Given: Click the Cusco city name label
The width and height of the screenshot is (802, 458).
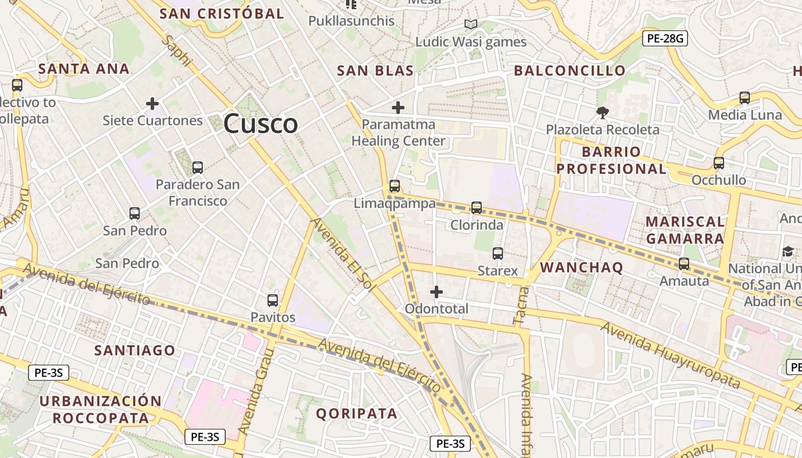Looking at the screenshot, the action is pyautogui.click(x=261, y=124).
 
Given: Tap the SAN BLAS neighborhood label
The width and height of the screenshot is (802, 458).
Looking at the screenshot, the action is pyautogui.click(x=375, y=71).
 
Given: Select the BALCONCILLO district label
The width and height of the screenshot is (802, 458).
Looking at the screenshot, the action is pyautogui.click(x=569, y=71).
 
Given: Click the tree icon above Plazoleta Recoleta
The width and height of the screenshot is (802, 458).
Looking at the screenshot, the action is pyautogui.click(x=602, y=113).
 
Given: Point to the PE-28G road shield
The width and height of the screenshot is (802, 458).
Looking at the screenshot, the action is pyautogui.click(x=665, y=39).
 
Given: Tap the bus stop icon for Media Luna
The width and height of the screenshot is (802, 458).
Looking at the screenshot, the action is pyautogui.click(x=745, y=98).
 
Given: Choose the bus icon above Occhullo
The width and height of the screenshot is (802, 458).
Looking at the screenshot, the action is pyautogui.click(x=719, y=163).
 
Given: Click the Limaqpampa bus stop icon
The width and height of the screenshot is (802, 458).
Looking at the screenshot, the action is pyautogui.click(x=394, y=186).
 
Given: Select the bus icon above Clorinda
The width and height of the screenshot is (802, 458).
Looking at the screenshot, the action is pyautogui.click(x=477, y=208).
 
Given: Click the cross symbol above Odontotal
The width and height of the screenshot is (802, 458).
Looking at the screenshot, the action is pyautogui.click(x=437, y=292).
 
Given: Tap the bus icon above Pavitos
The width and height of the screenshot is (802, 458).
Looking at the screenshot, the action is pyautogui.click(x=273, y=301).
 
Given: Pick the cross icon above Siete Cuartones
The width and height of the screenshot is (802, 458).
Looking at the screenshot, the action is pyautogui.click(x=152, y=104).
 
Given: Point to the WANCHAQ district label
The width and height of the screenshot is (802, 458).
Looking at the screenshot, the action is pyautogui.click(x=581, y=267).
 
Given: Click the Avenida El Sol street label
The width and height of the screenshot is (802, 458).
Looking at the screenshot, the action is pyautogui.click(x=343, y=255).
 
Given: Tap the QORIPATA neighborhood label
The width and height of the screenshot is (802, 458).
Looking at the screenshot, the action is pyautogui.click(x=356, y=413).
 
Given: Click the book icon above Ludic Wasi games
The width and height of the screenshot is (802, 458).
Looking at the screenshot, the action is pyautogui.click(x=471, y=25).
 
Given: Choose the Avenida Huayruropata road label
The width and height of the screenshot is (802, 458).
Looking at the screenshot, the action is pyautogui.click(x=670, y=355).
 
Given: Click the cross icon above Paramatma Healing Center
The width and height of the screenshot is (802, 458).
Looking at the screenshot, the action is pyautogui.click(x=398, y=107).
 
